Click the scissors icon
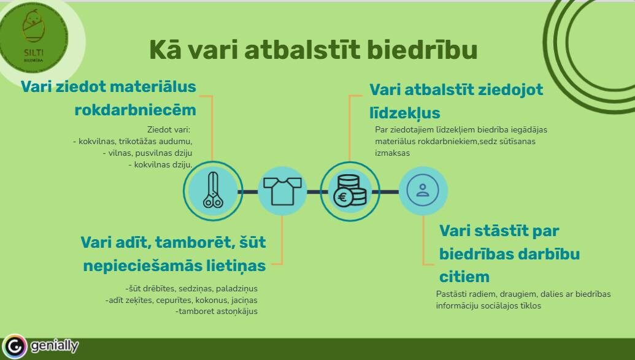point(213,190)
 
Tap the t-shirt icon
point(282,190)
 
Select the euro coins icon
point(350,191)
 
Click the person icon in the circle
point(422,190)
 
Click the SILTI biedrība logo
point(34,37)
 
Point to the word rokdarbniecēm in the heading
point(135,110)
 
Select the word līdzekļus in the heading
point(405,113)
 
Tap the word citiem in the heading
point(464,277)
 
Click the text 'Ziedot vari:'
point(169,129)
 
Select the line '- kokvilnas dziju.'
point(160,165)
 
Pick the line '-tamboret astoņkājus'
point(217,312)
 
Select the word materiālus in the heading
point(153,86)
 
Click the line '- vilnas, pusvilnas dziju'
point(148,153)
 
